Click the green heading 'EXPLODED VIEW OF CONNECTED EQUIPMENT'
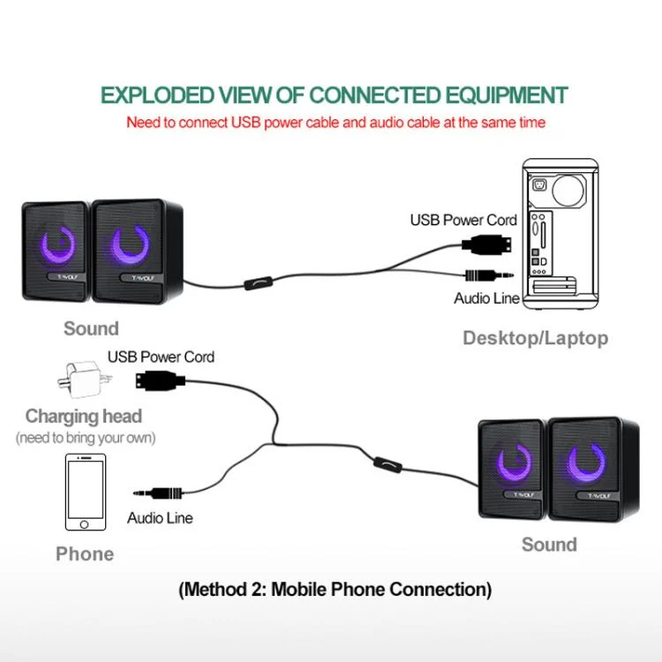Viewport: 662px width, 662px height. pyautogui.click(x=335, y=95)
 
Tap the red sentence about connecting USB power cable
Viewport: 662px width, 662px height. pyautogui.click(x=335, y=123)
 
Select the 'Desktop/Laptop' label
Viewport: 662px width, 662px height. pyautogui.click(x=535, y=338)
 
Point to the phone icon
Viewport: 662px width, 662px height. pyautogui.click(x=86, y=492)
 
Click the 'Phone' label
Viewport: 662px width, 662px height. pyautogui.click(x=85, y=554)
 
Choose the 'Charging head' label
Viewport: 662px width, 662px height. pyautogui.click(x=84, y=416)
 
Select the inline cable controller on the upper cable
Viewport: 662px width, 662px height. pyautogui.click(x=257, y=285)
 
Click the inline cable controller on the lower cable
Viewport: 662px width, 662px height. pyautogui.click(x=386, y=463)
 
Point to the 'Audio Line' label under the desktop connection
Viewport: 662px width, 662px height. pyautogui.click(x=486, y=298)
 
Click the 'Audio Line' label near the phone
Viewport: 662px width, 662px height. pyautogui.click(x=160, y=518)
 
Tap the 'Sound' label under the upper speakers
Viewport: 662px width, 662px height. pyautogui.click(x=91, y=329)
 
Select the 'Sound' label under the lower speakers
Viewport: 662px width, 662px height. pyautogui.click(x=549, y=545)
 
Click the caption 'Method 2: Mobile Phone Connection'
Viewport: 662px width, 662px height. pyautogui.click(x=335, y=589)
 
